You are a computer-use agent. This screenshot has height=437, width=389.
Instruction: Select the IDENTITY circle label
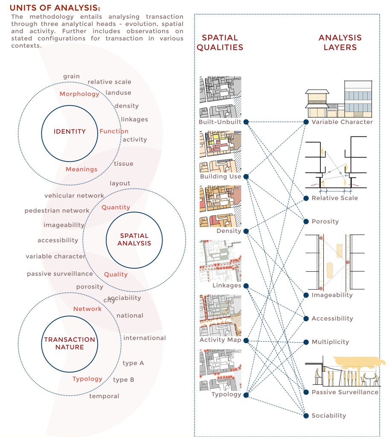[70, 132]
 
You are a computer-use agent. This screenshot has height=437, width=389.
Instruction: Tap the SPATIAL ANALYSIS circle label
[134, 239]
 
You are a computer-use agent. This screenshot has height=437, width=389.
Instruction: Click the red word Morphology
[79, 94]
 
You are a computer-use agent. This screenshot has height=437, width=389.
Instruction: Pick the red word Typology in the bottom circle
[87, 379]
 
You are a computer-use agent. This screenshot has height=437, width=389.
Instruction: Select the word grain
[71, 76]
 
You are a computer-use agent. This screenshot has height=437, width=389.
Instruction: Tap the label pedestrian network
[57, 211]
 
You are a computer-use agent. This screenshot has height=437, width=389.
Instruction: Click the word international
[144, 338]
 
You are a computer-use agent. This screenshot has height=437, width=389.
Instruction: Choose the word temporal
[104, 396]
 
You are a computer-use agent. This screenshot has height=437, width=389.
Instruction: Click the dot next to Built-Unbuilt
[247, 122]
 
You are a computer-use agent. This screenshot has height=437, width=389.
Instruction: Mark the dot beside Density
[247, 231]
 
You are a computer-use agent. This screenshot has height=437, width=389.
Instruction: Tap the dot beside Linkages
[247, 285]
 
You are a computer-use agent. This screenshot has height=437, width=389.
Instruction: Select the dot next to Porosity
[306, 221]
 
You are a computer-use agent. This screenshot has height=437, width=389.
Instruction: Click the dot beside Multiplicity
[306, 342]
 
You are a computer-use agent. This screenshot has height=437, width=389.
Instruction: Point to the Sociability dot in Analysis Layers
[306, 415]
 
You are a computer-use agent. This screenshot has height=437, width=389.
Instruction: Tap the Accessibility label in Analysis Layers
[332, 319]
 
